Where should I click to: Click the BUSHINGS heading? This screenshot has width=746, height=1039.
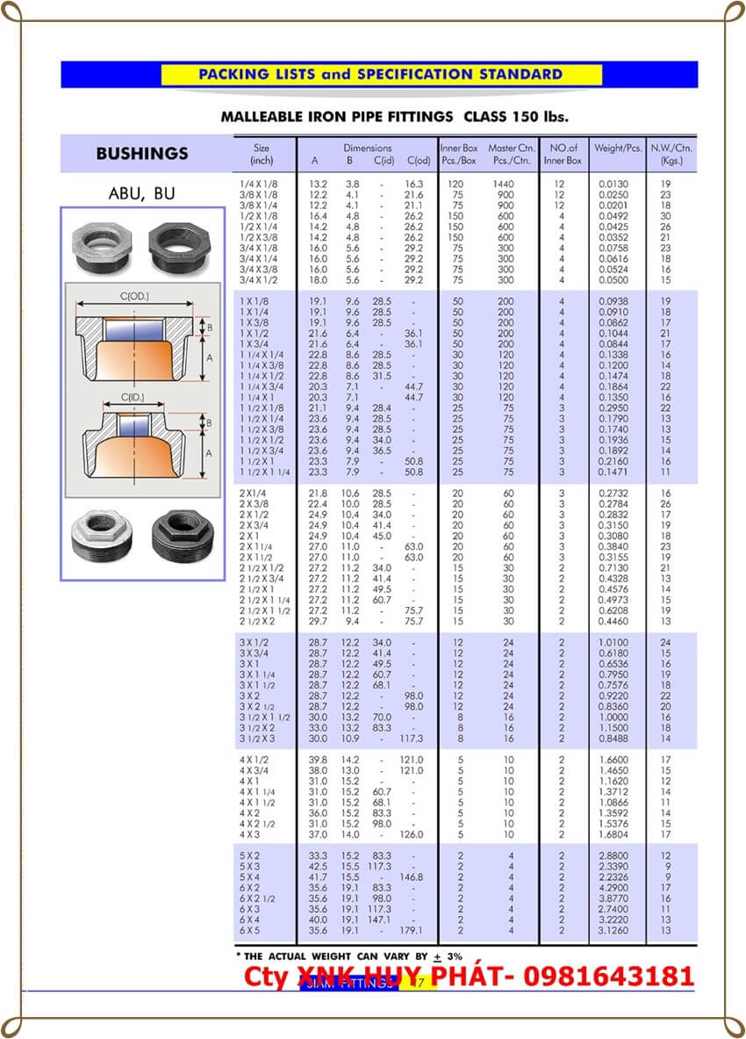point(141,154)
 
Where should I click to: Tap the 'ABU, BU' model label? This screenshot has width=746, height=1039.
point(140,193)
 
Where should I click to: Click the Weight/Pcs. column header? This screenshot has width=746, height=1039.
point(619,148)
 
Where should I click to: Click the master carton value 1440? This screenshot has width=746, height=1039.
point(506,184)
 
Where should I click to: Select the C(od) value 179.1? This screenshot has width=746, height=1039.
point(412,931)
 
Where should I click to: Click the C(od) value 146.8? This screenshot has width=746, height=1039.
point(412,877)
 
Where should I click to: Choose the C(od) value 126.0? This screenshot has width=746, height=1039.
point(412,834)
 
